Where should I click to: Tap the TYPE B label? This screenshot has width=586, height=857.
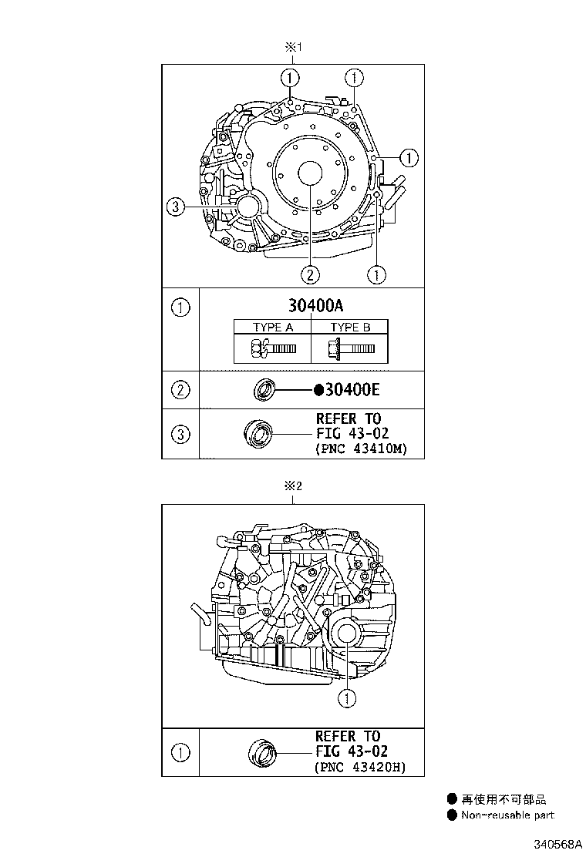coord(350,328)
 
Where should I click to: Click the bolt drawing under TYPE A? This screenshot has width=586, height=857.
coord(272,348)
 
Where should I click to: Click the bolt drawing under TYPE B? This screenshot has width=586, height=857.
coord(352,348)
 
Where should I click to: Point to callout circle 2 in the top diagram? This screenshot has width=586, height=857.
coord(310,273)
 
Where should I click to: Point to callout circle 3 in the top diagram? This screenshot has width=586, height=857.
coord(176,206)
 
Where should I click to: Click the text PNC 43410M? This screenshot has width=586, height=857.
coord(361,448)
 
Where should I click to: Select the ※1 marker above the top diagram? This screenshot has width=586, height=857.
coord(292,48)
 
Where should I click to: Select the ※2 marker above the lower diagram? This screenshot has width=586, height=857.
coord(293,486)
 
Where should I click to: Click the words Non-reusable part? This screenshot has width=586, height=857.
coord(507,815)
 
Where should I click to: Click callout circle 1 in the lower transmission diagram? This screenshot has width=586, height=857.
coord(347,698)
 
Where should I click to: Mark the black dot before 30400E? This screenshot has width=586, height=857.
coord(318,391)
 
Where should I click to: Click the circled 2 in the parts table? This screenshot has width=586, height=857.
coord(180,390)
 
